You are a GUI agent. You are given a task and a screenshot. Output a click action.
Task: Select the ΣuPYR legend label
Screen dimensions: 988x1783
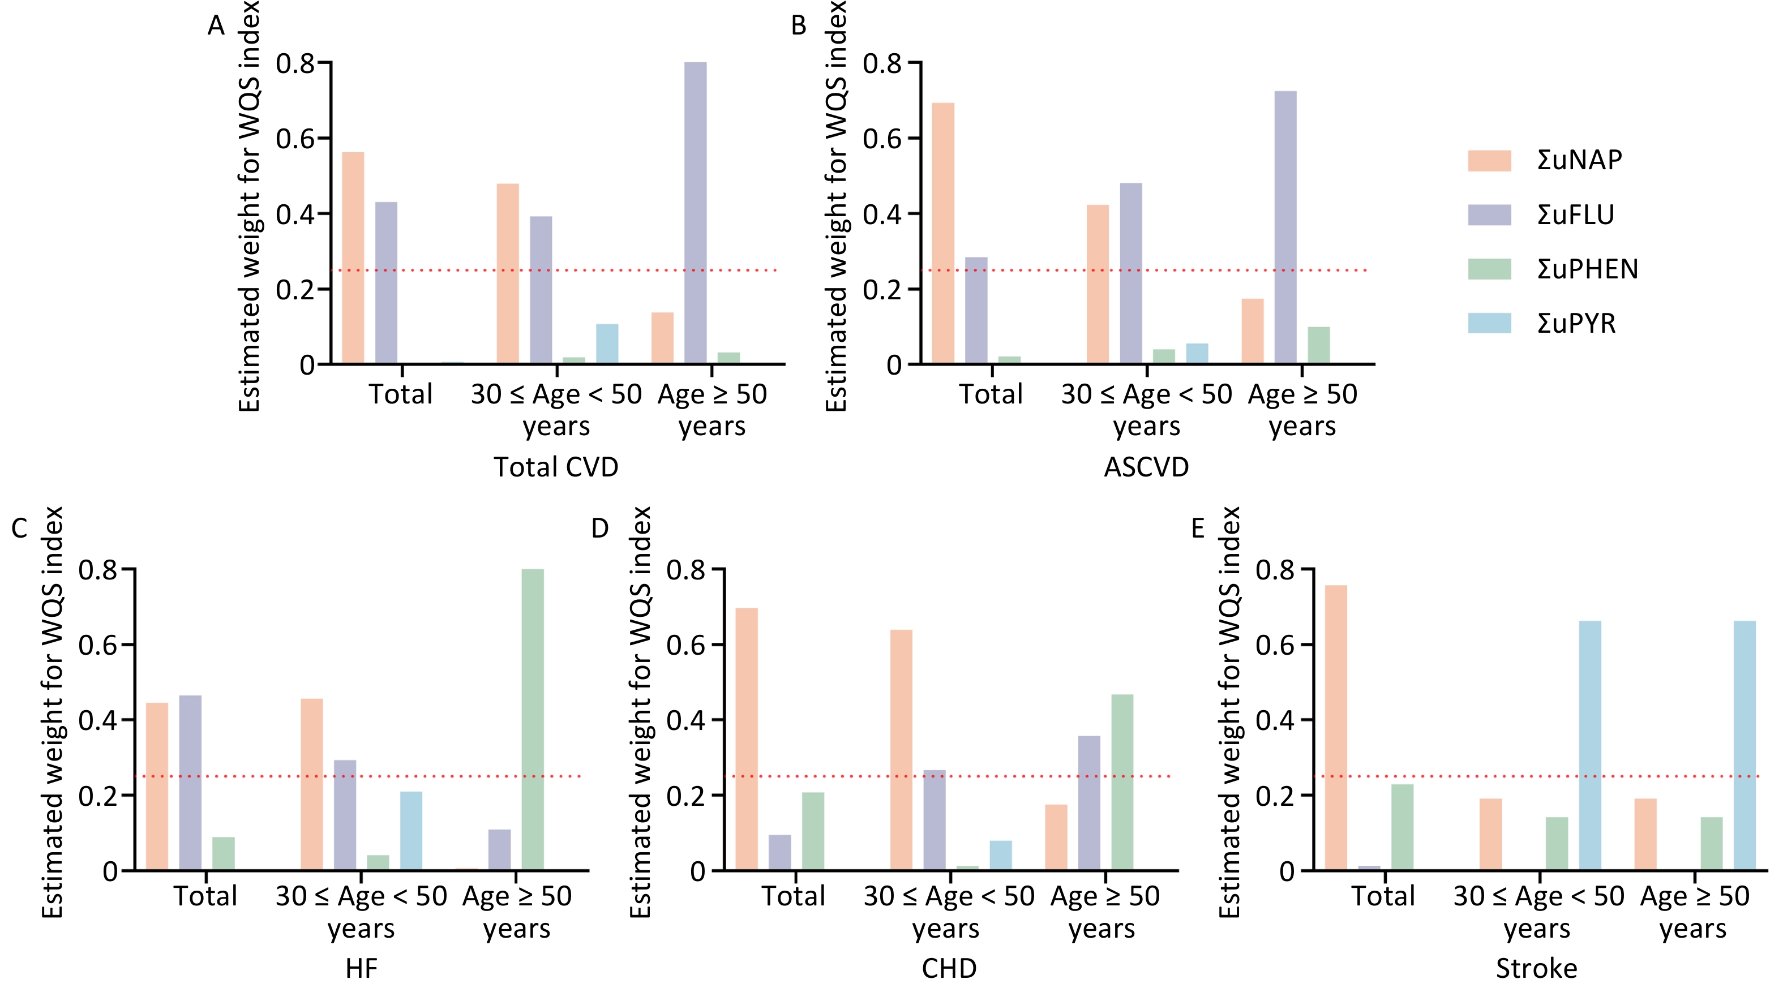(x=1577, y=324)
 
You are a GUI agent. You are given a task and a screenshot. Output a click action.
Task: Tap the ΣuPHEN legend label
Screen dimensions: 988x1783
(x=1588, y=269)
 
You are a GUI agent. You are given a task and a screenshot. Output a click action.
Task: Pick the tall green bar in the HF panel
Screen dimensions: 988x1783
(x=532, y=720)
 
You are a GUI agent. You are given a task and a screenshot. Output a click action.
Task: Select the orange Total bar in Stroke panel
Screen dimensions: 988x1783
(x=1336, y=728)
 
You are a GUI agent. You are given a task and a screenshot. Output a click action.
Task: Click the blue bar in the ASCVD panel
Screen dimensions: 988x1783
(x=1197, y=354)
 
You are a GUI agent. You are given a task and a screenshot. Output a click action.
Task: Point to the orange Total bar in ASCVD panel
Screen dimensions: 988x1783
(x=942, y=233)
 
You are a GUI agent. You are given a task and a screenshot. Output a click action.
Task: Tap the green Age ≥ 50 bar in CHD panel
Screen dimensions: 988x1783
(x=1122, y=783)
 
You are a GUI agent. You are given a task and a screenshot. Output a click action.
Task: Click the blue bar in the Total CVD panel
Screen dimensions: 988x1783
(x=607, y=344)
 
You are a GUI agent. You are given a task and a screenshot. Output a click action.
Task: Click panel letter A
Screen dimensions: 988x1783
(x=216, y=26)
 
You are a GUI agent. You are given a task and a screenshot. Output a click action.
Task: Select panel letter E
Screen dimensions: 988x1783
(x=1197, y=529)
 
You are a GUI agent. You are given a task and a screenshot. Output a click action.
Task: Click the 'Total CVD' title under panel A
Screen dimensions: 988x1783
(x=556, y=468)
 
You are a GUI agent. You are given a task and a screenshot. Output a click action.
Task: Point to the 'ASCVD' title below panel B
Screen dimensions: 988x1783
(x=1146, y=468)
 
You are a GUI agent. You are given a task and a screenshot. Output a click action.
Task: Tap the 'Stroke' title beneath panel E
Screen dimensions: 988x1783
(x=1537, y=969)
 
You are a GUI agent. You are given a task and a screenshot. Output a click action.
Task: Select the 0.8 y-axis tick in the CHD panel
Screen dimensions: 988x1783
(x=686, y=569)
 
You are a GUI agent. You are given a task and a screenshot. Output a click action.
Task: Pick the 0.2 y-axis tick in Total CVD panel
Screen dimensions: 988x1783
(x=295, y=289)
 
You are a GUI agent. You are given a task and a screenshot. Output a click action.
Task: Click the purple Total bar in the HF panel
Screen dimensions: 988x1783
(x=190, y=783)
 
